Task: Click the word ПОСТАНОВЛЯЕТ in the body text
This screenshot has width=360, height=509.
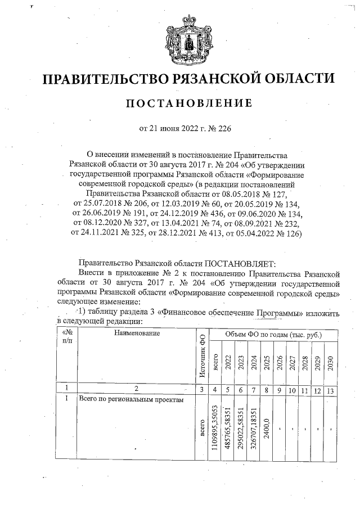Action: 237,263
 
